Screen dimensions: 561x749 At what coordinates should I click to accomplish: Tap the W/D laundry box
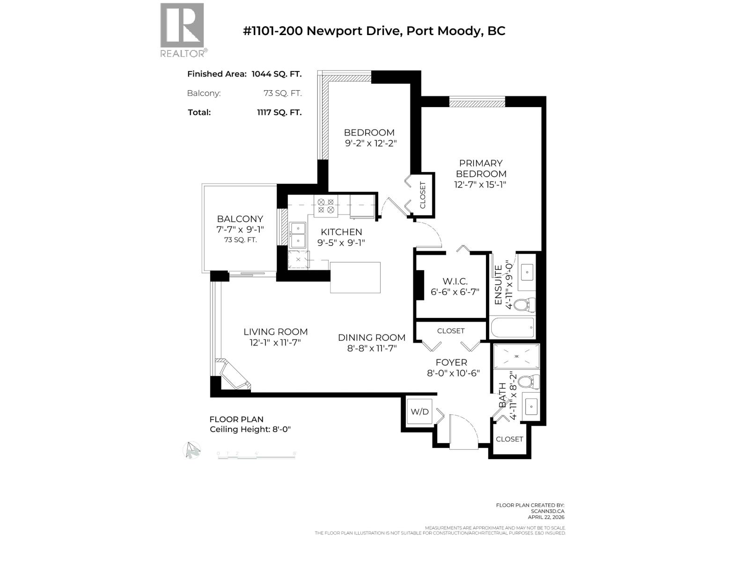419,411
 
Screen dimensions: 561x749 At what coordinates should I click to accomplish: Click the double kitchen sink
297,235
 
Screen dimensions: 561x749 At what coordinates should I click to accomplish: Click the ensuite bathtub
513,328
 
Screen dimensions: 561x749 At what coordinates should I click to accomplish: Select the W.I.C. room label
455,281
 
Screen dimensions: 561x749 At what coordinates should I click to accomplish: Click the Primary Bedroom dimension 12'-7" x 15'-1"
480,185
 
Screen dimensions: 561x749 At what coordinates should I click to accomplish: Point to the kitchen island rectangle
355,277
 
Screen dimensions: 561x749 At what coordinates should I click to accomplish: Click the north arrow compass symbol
191,450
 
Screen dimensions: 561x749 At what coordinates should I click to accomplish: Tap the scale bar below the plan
257,454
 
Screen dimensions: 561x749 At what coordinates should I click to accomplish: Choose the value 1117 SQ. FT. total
279,112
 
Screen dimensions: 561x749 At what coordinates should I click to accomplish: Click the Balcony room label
240,219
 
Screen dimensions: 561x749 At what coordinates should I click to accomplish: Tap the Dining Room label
372,338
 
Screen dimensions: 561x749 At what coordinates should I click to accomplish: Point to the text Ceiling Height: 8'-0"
250,429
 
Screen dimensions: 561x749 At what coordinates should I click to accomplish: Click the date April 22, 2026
546,517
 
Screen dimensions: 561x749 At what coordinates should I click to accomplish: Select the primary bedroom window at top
477,101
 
